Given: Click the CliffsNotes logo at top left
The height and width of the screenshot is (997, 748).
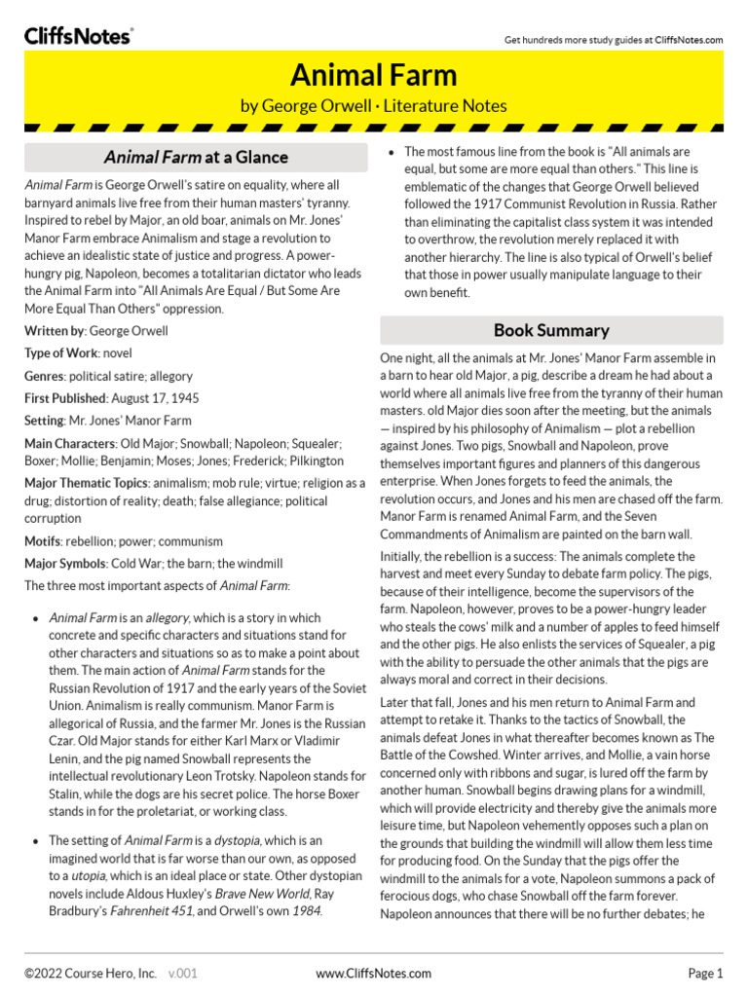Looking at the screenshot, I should pyautogui.click(x=78, y=35).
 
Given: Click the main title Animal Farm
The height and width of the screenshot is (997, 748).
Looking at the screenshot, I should pyautogui.click(x=373, y=75).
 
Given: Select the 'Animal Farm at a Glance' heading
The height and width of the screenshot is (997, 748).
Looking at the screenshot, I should pyautogui.click(x=196, y=157).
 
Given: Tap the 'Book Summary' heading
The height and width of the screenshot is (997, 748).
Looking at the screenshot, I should pyautogui.click(x=551, y=330).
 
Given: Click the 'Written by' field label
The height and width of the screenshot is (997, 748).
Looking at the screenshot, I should pyautogui.click(x=56, y=331).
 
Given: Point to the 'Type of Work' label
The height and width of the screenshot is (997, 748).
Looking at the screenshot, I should pyautogui.click(x=61, y=353).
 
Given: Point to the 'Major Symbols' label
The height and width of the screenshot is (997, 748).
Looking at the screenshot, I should pyautogui.click(x=65, y=563).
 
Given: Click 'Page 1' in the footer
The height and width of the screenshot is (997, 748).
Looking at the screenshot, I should pyautogui.click(x=705, y=973).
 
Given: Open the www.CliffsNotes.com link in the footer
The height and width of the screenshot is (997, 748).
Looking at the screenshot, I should pyautogui.click(x=374, y=973).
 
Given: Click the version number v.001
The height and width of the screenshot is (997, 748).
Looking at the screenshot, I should pyautogui.click(x=183, y=973).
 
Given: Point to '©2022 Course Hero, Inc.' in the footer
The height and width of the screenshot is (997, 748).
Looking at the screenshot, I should pyautogui.click(x=91, y=973).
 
